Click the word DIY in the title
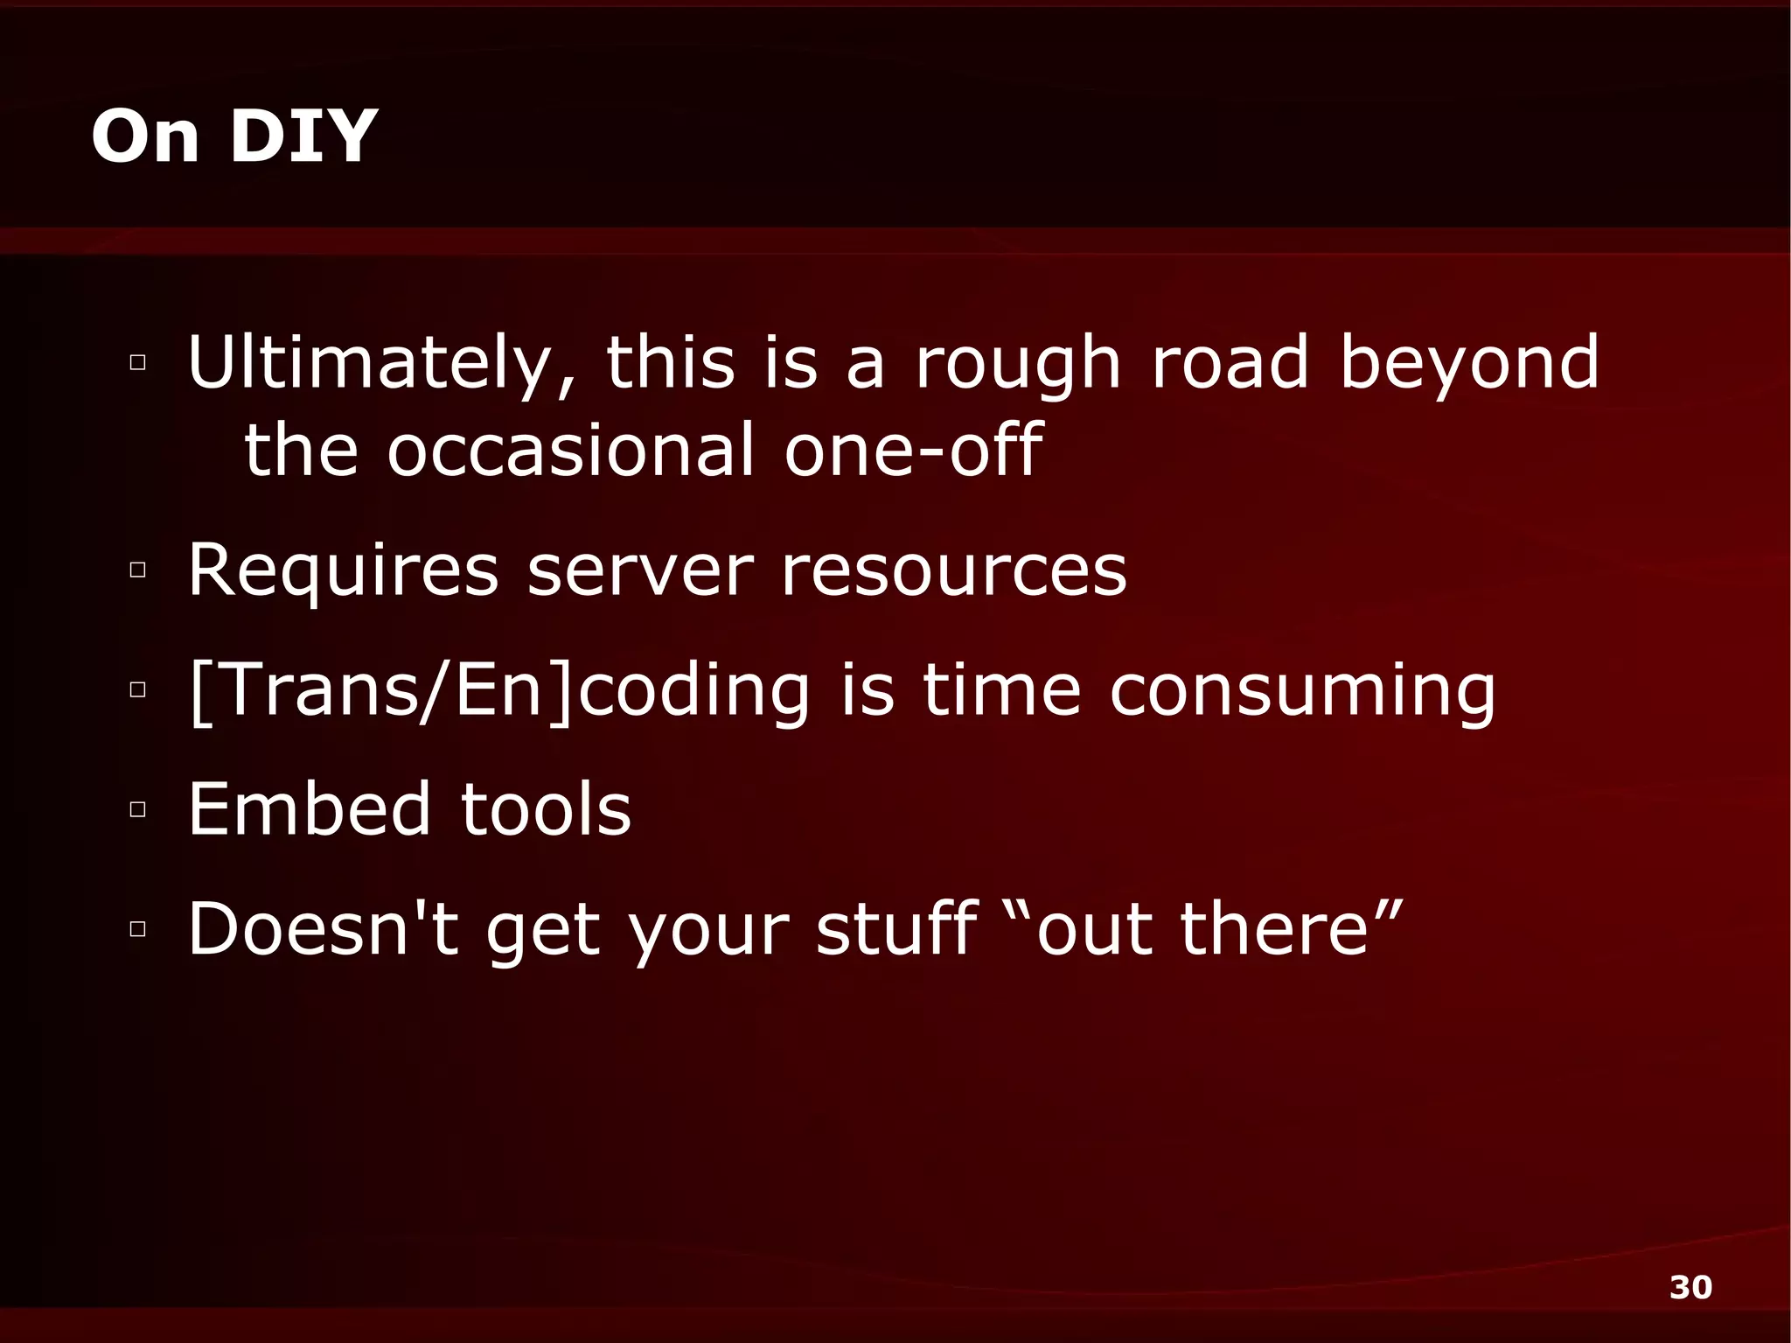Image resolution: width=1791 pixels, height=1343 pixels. click(x=303, y=136)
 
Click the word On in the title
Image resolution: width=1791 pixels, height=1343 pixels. click(x=145, y=136)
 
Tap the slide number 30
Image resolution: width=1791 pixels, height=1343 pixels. click(x=1690, y=1287)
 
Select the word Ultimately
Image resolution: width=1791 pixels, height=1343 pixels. click(x=382, y=362)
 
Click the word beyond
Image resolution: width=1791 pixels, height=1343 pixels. click(x=1469, y=362)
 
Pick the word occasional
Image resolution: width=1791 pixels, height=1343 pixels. click(x=570, y=450)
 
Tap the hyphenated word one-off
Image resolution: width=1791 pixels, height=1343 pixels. click(x=913, y=450)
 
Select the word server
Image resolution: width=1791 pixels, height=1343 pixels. click(x=640, y=570)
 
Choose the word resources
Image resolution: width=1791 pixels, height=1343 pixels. click(x=954, y=570)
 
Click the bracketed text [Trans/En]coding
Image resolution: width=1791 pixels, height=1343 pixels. click(x=499, y=691)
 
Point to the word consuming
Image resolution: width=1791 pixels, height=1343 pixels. click(x=1302, y=691)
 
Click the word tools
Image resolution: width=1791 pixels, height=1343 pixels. click(x=546, y=809)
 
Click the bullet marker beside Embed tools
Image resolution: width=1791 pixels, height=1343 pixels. click(x=137, y=809)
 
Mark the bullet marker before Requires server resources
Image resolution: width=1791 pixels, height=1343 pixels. click(x=137, y=570)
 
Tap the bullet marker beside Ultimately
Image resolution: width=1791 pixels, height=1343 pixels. click(x=137, y=362)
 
